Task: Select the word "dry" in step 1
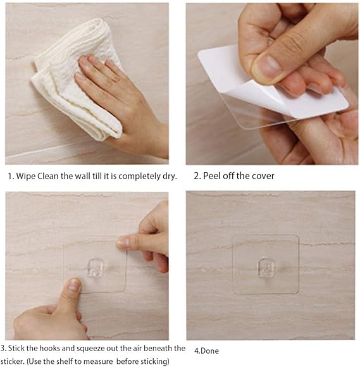click(169, 175)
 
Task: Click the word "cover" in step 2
click(262, 175)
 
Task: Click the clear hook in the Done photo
click(266, 268)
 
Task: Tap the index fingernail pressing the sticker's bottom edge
click(74, 286)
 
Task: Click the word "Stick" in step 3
click(19, 349)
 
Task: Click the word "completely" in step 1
click(133, 175)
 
